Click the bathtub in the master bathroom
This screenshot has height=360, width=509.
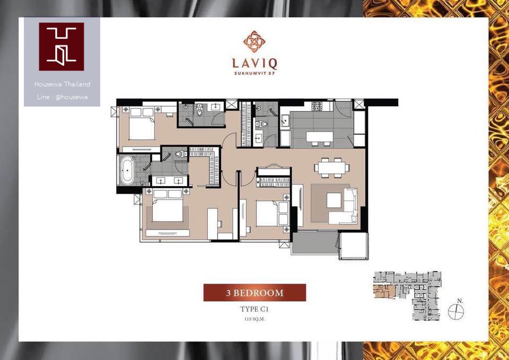(127, 170)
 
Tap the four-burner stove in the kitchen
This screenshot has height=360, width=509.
(317, 106)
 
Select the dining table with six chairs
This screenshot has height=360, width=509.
(332, 168)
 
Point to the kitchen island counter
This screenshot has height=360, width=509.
(319, 137)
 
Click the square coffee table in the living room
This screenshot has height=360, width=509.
(334, 200)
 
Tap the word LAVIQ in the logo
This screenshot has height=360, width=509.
(254, 63)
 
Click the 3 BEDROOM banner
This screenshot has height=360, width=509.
(254, 293)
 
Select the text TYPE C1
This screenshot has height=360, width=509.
(254, 309)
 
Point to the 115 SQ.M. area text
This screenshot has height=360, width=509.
(254, 319)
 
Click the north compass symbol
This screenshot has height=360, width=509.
(456, 311)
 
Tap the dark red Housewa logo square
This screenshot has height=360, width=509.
(62, 47)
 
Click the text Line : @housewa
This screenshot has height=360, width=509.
(62, 96)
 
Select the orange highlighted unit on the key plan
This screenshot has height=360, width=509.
(384, 292)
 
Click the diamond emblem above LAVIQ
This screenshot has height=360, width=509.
(254, 41)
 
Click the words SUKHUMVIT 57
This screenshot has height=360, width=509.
(254, 73)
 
